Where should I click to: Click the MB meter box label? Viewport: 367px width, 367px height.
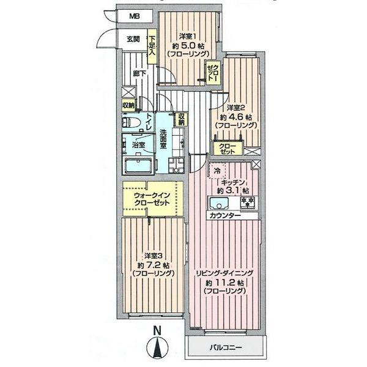[x=133, y=17]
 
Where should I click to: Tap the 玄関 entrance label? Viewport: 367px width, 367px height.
[x=134, y=39]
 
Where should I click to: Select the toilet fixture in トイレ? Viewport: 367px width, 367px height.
[x=133, y=122]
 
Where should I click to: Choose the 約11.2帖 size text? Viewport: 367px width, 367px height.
[x=226, y=283]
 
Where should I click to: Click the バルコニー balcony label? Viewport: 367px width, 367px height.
[x=226, y=347]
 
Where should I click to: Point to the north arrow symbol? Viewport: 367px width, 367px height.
[x=158, y=347]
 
